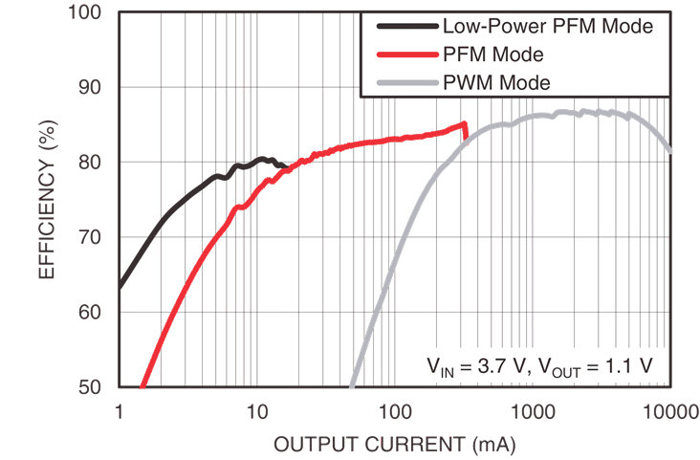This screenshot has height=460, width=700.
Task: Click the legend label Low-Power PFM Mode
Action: [x=548, y=27]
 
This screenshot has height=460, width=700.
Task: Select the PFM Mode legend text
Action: [x=493, y=55]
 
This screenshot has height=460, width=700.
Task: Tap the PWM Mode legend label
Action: [x=497, y=83]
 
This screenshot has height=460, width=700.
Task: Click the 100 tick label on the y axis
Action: [x=88, y=13]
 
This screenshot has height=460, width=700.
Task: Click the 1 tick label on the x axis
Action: [x=120, y=411]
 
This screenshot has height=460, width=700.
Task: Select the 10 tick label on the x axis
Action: [x=256, y=411]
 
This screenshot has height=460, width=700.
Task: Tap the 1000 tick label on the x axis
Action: [x=532, y=411]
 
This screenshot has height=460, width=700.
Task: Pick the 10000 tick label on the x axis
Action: [x=667, y=411]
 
